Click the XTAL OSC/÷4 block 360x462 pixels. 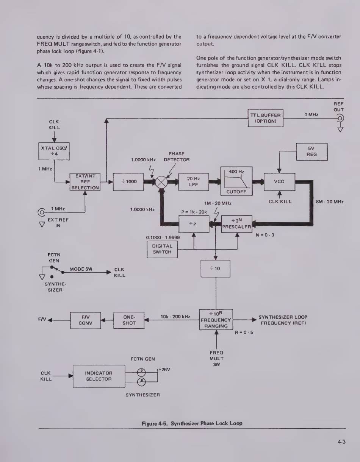pos(54,151)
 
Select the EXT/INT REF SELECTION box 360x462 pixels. pos(85,182)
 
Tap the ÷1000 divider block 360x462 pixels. pos(129,182)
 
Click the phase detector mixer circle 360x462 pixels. pos(162,182)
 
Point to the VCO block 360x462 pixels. pos(279,182)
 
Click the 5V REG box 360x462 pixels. pos(311,151)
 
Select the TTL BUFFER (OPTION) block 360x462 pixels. pos(265,118)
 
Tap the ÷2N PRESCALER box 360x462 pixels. pos(237,224)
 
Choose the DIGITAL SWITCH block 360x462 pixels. pos(162,249)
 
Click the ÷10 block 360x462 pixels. pos(215,269)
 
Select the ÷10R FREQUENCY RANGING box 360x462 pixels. pos(216,320)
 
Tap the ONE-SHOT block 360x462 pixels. pos(129,320)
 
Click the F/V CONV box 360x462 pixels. pos(86,320)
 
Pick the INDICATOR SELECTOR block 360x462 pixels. pos(99,376)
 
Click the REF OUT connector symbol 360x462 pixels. pos(340,118)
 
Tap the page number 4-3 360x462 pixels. pos(341,441)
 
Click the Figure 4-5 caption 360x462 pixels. pos(192,423)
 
